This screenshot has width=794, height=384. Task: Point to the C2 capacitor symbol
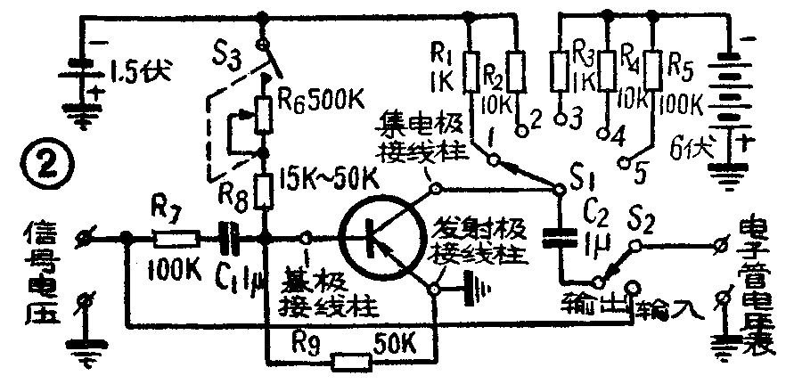[x=561, y=236]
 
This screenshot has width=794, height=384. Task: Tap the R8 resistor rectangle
[x=265, y=190]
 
